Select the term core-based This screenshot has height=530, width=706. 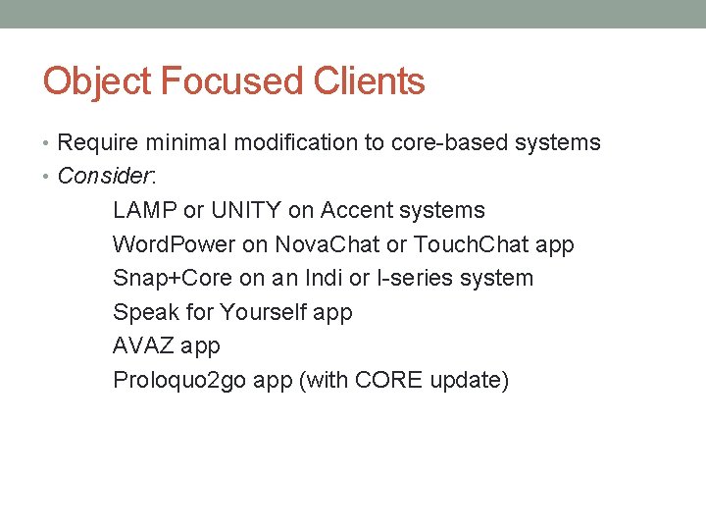click(x=448, y=142)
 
